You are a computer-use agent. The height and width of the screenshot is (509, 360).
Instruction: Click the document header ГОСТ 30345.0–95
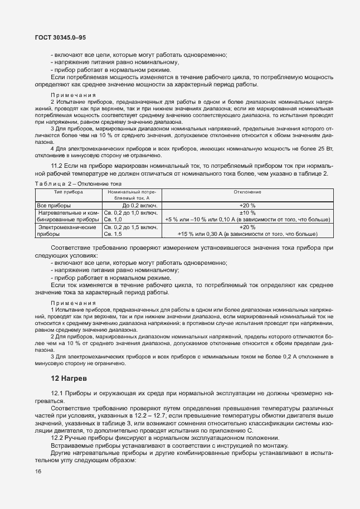60,37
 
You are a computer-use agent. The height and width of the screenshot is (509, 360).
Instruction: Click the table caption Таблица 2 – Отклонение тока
78,183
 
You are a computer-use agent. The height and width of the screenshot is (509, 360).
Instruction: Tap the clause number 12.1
57,393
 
